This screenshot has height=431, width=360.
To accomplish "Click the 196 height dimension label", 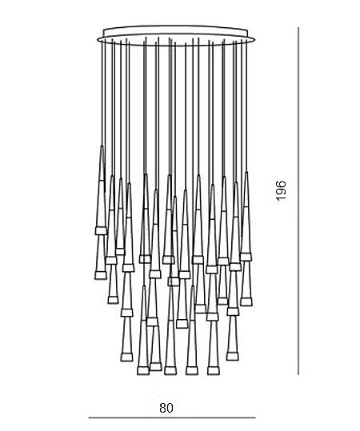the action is (x=281, y=190).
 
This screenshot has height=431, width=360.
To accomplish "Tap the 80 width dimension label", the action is (x=166, y=408).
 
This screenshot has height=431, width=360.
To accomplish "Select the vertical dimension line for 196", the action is (x=298, y=201).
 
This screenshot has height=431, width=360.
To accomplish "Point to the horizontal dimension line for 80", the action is (x=172, y=425).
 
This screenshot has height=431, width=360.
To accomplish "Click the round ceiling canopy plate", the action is (x=176, y=35).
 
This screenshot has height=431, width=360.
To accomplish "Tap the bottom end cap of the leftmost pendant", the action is (x=100, y=275).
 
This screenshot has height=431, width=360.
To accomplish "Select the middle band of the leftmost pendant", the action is (x=101, y=230).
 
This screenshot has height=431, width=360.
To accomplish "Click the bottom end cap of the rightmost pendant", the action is (x=246, y=301).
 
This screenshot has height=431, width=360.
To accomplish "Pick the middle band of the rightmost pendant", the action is (x=246, y=257).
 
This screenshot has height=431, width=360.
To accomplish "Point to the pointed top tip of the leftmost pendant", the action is (x=102, y=146).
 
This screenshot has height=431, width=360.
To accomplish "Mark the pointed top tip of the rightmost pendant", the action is (x=246, y=173).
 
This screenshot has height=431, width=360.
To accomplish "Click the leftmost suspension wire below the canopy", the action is (x=102, y=93).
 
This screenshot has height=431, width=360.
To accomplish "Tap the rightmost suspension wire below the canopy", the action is (x=246, y=106).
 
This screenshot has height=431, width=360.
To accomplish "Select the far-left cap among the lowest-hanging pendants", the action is (x=143, y=370).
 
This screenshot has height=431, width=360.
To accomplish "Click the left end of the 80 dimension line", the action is (x=89, y=425).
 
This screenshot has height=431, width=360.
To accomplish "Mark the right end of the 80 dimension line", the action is (x=255, y=425).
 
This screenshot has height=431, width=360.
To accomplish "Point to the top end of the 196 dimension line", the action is (x=298, y=27).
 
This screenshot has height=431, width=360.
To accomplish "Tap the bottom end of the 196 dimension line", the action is (x=298, y=374).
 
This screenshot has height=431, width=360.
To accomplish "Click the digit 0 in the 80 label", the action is (x=170, y=408).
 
